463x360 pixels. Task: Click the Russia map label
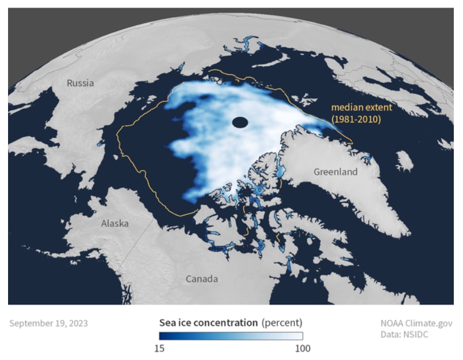click(x=80, y=83)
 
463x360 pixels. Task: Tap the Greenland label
click(x=335, y=172)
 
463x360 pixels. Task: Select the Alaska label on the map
click(x=115, y=223)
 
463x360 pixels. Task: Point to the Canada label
click(x=202, y=279)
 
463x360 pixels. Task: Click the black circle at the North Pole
click(x=240, y=122)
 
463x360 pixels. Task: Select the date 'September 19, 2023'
click(x=48, y=323)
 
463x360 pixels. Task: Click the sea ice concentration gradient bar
click(x=231, y=336)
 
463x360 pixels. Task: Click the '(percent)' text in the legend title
click(x=282, y=322)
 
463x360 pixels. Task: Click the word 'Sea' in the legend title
click(x=167, y=322)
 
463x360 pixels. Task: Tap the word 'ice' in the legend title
click(x=184, y=322)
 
